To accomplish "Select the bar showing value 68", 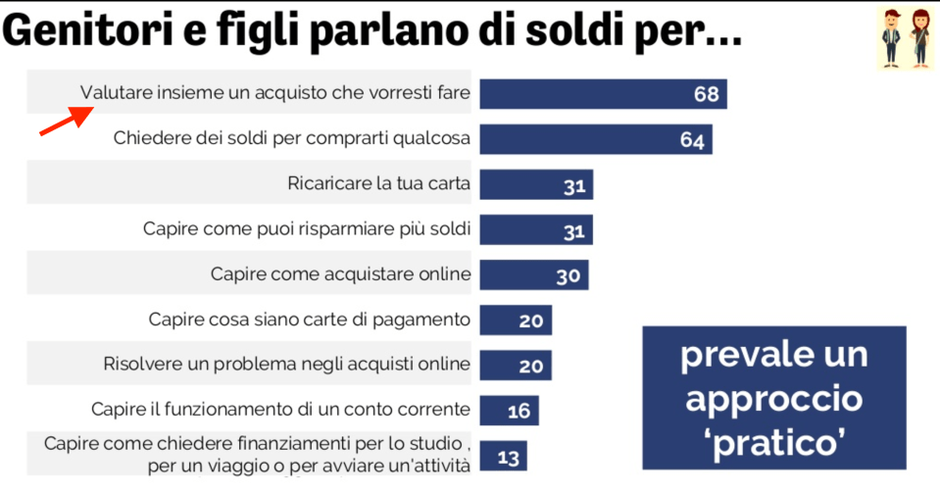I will [602, 94].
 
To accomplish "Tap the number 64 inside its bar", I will [692, 140].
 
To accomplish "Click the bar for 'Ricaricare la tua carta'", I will [536, 184].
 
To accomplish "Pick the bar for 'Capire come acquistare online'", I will [534, 275].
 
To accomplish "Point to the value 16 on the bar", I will [519, 411].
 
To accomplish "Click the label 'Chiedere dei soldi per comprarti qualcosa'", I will [292, 139].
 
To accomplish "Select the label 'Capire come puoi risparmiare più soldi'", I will [307, 229].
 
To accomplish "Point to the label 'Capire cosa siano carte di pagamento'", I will [310, 320].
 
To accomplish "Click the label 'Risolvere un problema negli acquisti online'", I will [287, 365].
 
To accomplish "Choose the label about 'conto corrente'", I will [280, 410].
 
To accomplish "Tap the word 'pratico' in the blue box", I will [774, 442].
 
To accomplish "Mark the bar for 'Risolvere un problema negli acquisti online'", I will [516, 366].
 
